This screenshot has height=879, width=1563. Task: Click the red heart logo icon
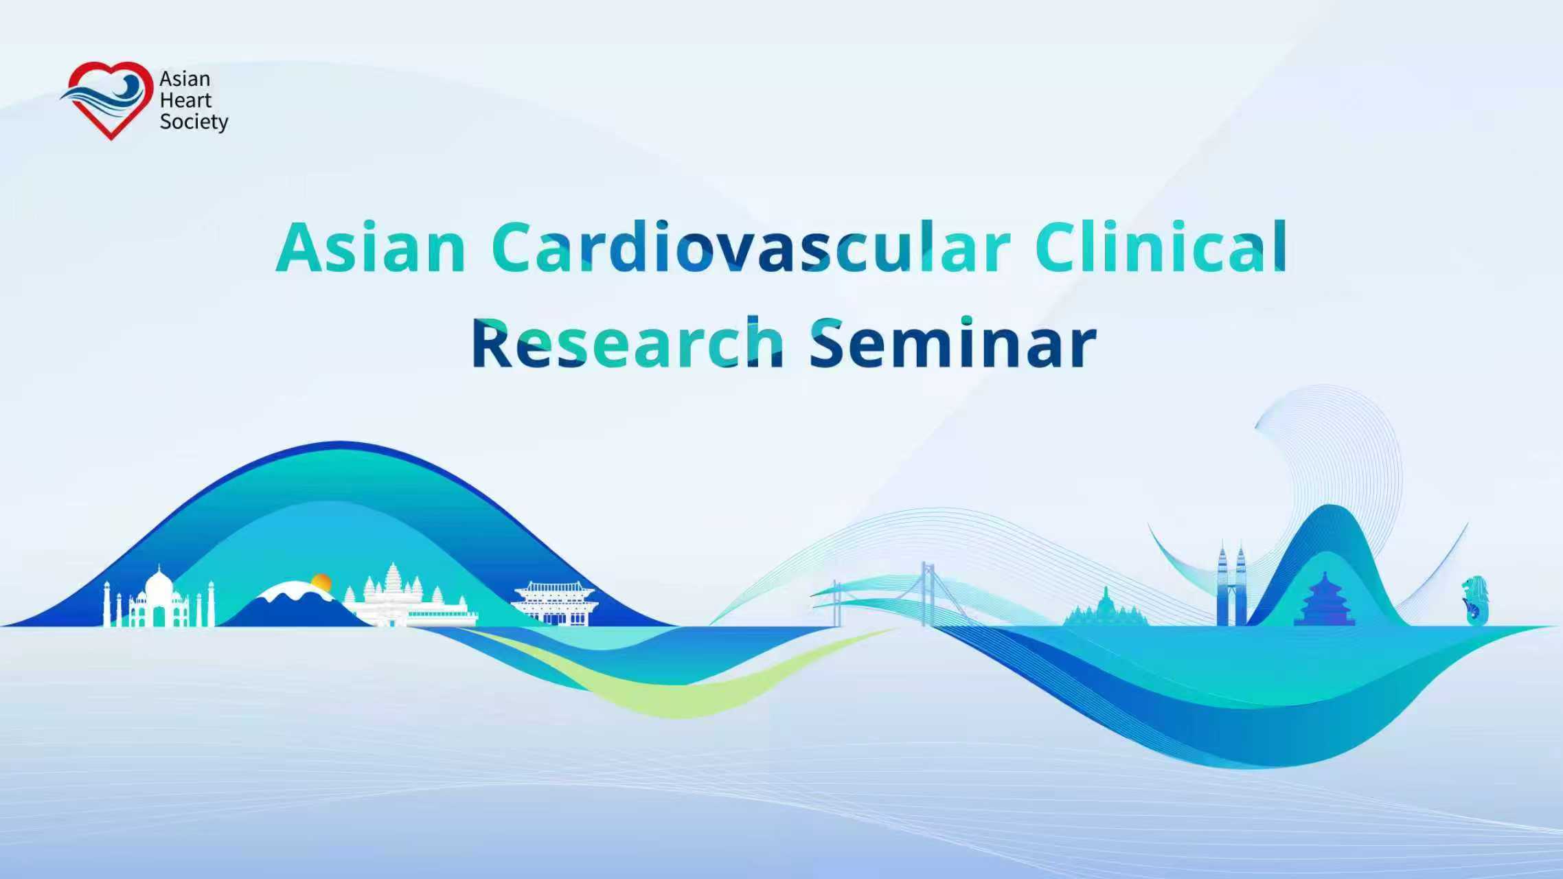(x=110, y=100)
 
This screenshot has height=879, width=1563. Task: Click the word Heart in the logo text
(x=185, y=100)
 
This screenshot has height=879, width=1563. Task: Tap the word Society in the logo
(x=194, y=122)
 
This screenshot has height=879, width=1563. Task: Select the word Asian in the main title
(x=371, y=247)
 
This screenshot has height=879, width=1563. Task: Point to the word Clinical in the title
(x=1161, y=247)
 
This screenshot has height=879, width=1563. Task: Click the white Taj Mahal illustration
(x=159, y=601)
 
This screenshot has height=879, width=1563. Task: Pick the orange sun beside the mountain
(x=321, y=583)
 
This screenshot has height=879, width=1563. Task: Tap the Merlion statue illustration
(x=1474, y=601)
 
